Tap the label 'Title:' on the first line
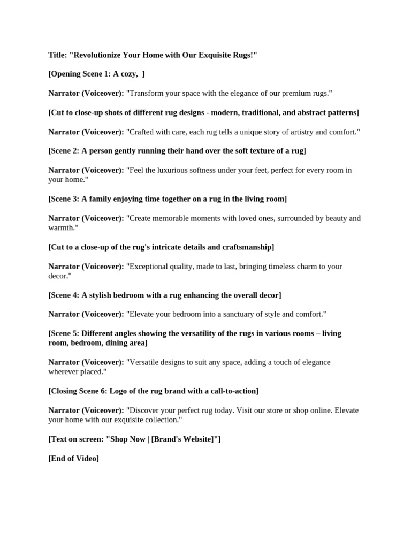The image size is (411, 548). pos(57,55)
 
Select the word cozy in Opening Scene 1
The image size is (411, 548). pos(131,74)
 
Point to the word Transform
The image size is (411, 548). pos(147,93)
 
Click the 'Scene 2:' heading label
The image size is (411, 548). pos(64,151)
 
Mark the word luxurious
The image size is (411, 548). pos(166,170)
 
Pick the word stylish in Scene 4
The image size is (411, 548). pos(102,295)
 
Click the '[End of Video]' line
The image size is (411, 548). pos(74,459)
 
